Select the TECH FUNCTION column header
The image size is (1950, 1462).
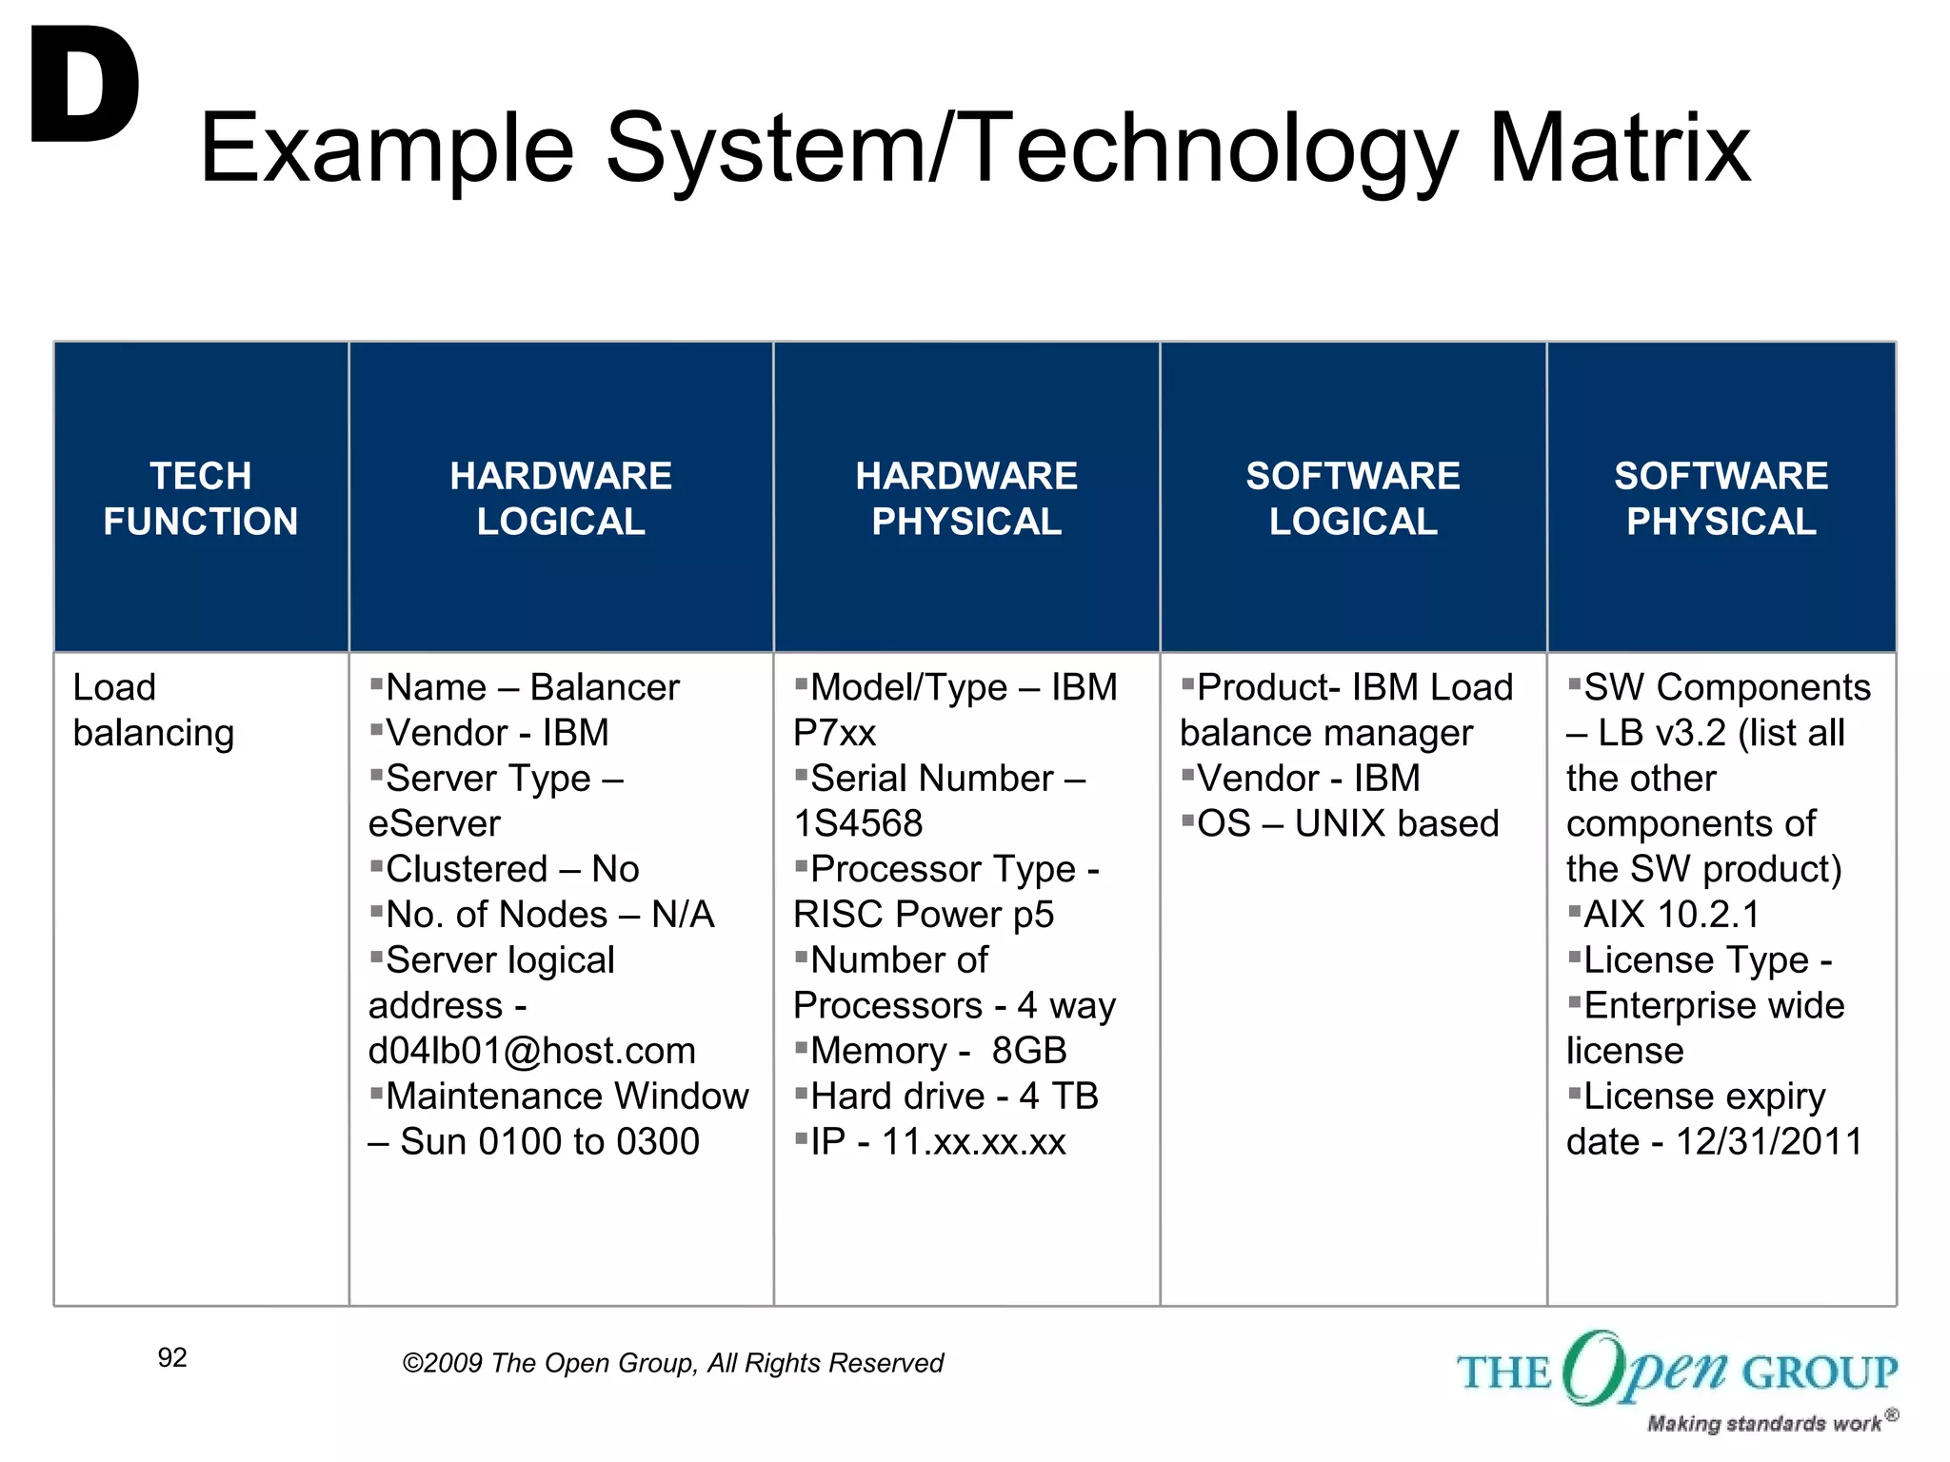coord(200,498)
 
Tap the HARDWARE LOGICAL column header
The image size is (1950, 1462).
coord(560,498)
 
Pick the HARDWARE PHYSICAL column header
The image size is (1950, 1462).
coord(965,498)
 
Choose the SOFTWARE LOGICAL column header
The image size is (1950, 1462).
coord(1352,498)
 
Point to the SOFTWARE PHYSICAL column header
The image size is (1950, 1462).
coord(1721,498)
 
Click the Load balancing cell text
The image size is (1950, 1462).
coord(152,710)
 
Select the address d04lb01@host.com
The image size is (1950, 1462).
coord(531,1051)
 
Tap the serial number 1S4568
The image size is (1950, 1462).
coord(858,823)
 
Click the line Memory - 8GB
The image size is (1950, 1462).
coord(937,1051)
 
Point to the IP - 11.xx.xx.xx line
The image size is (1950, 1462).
coord(937,1141)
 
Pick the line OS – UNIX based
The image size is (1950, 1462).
coord(1346,823)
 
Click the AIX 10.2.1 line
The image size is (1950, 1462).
coord(1670,915)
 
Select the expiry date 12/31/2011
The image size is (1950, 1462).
coord(1768,1141)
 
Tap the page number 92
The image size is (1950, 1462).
coord(172,1357)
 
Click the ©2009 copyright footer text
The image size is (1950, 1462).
coord(672,1363)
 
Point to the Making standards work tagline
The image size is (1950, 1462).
coord(1764,1424)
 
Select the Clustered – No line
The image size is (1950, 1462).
coord(511,869)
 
